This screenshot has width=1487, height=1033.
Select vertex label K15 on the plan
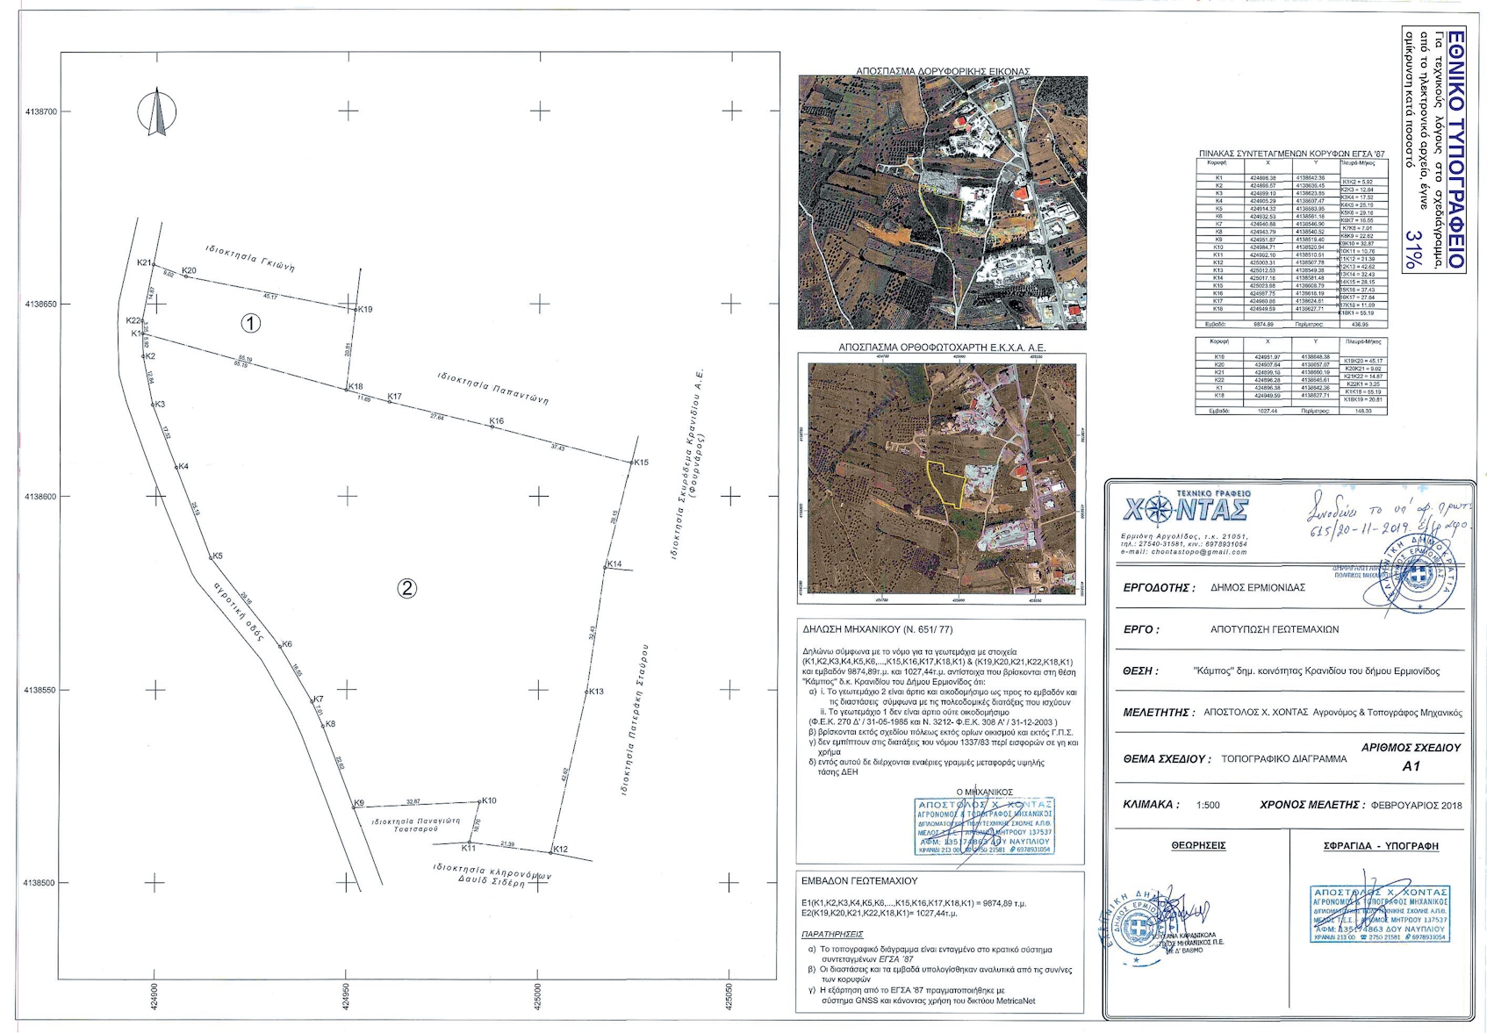pos(641,463)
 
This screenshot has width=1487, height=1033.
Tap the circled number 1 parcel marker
pos(251,324)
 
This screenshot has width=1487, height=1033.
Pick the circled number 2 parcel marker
pos(407,588)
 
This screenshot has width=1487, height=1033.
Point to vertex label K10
pos(489,800)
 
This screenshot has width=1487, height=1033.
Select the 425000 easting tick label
pos(538,994)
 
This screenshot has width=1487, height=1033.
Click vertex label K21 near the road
pos(144,263)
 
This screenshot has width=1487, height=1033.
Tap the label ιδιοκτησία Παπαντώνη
pos(493,388)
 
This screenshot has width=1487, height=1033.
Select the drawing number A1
pos(1411,766)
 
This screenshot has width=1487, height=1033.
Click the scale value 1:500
pos(1208,805)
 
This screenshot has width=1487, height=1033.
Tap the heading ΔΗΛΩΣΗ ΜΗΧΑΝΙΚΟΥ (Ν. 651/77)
pos(877,630)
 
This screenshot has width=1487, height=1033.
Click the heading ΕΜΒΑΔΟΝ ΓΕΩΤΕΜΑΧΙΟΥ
pos(859,880)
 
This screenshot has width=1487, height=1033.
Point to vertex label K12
pos(560,850)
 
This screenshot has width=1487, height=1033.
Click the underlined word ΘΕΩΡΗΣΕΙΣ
pos(1198,846)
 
